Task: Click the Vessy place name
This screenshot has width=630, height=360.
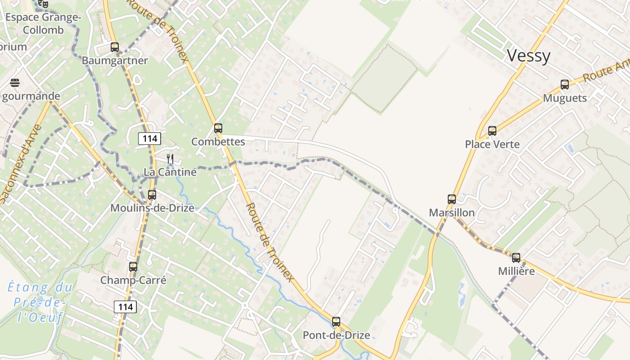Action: click(x=528, y=56)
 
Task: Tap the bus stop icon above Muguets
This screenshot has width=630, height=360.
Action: click(x=565, y=84)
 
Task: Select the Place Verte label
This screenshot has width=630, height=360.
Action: click(x=492, y=144)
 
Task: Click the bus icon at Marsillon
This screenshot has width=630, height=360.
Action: click(x=451, y=199)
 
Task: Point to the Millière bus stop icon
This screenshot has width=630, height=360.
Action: click(x=516, y=258)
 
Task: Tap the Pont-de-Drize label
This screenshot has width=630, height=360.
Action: click(x=336, y=335)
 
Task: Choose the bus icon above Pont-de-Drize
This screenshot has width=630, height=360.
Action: click(x=336, y=322)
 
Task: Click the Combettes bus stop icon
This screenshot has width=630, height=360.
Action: click(x=218, y=128)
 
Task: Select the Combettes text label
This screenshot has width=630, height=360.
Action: click(x=218, y=142)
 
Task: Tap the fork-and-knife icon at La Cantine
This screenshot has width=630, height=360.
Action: click(x=170, y=158)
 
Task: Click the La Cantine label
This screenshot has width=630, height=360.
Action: click(x=170, y=172)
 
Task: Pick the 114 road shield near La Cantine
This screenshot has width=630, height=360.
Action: click(x=149, y=139)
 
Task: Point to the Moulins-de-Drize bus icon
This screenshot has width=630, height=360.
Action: click(x=152, y=195)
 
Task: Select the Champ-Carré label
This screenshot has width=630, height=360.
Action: click(x=133, y=280)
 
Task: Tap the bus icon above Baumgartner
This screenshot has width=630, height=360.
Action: click(x=115, y=47)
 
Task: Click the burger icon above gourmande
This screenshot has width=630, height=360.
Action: click(x=15, y=83)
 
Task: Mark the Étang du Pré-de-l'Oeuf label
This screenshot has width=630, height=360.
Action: click(x=40, y=302)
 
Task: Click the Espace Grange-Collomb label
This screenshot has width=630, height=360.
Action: click(x=43, y=24)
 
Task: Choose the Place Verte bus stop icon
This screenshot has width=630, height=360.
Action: click(x=492, y=131)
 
